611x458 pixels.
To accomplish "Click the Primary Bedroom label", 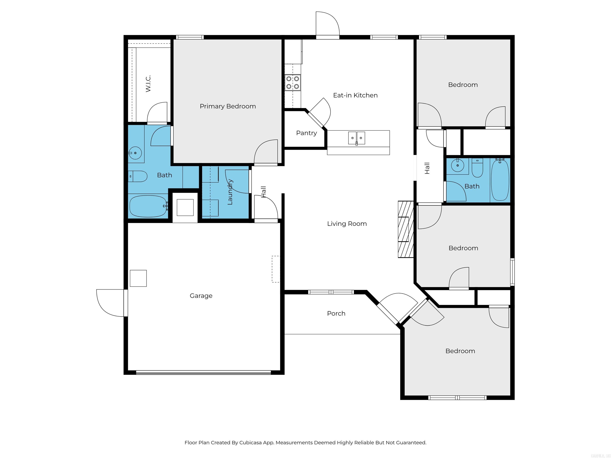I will [228, 106].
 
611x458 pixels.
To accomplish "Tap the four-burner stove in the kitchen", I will [293, 82].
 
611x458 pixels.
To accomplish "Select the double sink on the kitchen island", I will [356, 138].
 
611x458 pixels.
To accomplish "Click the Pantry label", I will [306, 133].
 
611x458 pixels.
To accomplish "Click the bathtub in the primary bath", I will [148, 206].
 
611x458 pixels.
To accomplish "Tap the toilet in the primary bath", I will [138, 176].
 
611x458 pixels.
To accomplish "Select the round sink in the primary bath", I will [135, 153].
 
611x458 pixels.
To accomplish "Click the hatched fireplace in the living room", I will [405, 229].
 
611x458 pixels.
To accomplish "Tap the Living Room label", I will [347, 224].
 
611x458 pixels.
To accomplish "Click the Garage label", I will [201, 296].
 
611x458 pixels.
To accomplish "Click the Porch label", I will [336, 313].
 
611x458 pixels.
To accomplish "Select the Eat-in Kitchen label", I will [355, 95].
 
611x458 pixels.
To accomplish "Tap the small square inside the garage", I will [138, 278].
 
